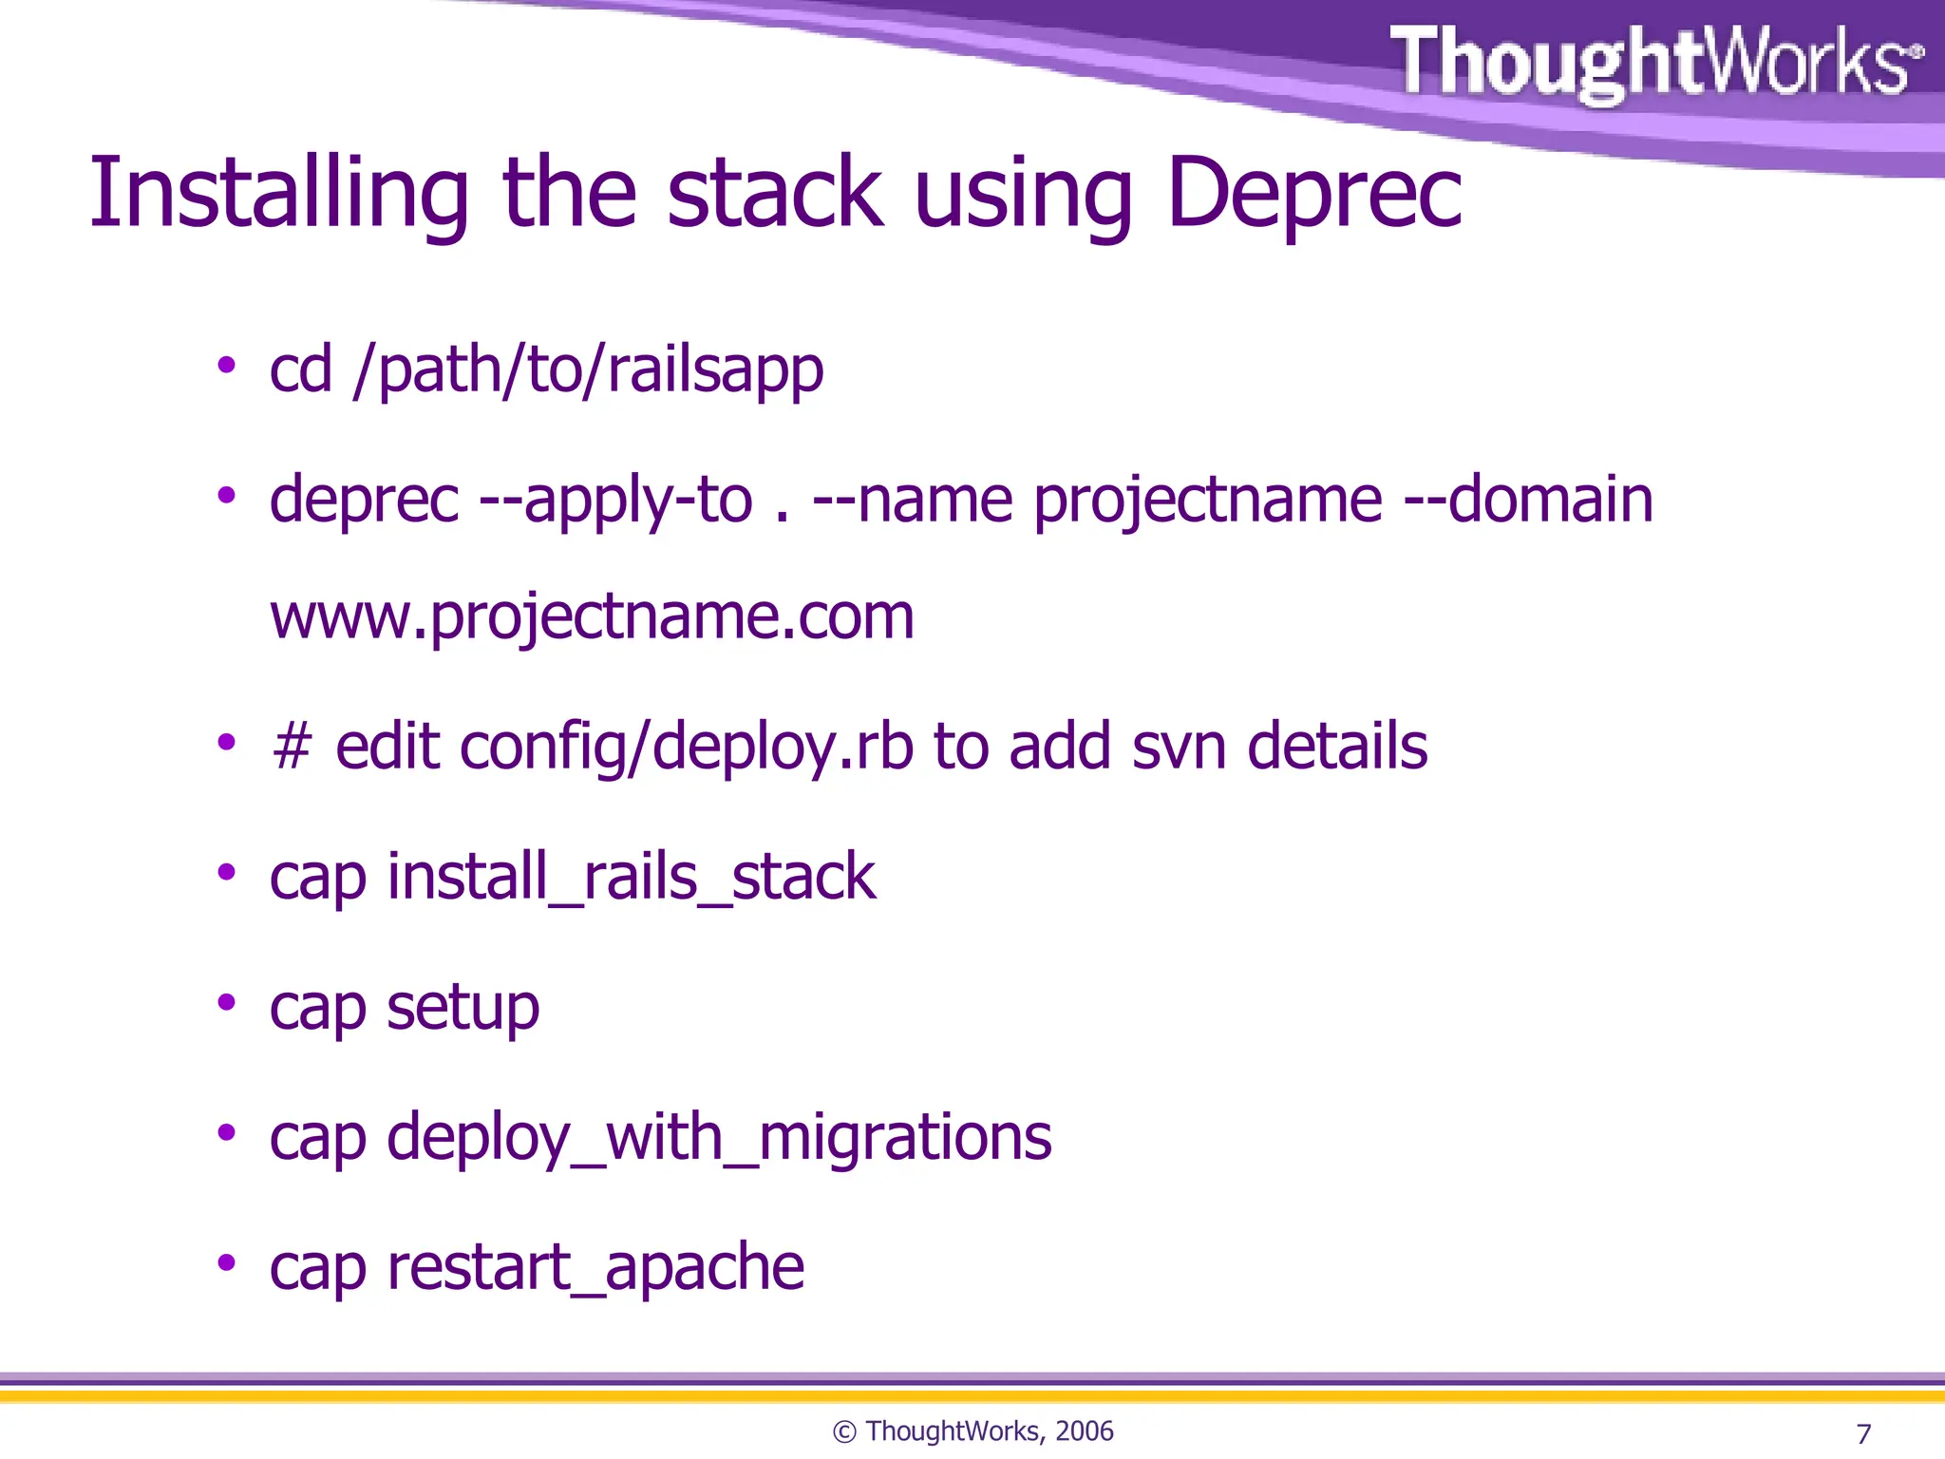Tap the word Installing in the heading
pyautogui.click(x=278, y=195)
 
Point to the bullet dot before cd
pyautogui.click(x=226, y=365)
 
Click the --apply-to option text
pyautogui.click(x=615, y=501)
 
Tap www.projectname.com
pyautogui.click(x=592, y=616)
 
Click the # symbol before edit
pyautogui.click(x=292, y=747)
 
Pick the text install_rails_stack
pyautogui.click(x=631, y=877)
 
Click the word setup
pyautogui.click(x=463, y=1008)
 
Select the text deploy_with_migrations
pyautogui.click(x=719, y=1137)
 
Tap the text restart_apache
pyautogui.click(x=595, y=1267)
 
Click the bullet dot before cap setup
pyautogui.click(x=226, y=1002)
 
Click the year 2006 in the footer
pyautogui.click(x=1084, y=1431)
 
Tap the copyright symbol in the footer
pyautogui.click(x=844, y=1432)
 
